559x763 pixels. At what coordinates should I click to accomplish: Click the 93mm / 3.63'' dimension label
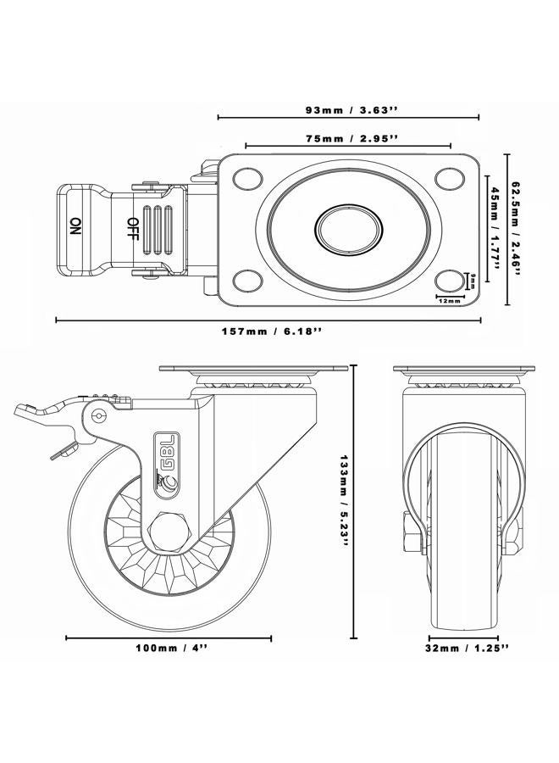[347, 109]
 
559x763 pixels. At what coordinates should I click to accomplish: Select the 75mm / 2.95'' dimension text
[348, 138]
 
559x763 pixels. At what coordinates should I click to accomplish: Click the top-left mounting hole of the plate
[246, 178]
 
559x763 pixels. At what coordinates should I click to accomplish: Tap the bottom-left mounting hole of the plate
[246, 280]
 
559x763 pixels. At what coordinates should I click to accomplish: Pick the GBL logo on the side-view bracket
[165, 449]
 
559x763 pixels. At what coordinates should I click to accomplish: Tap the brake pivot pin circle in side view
[100, 416]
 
